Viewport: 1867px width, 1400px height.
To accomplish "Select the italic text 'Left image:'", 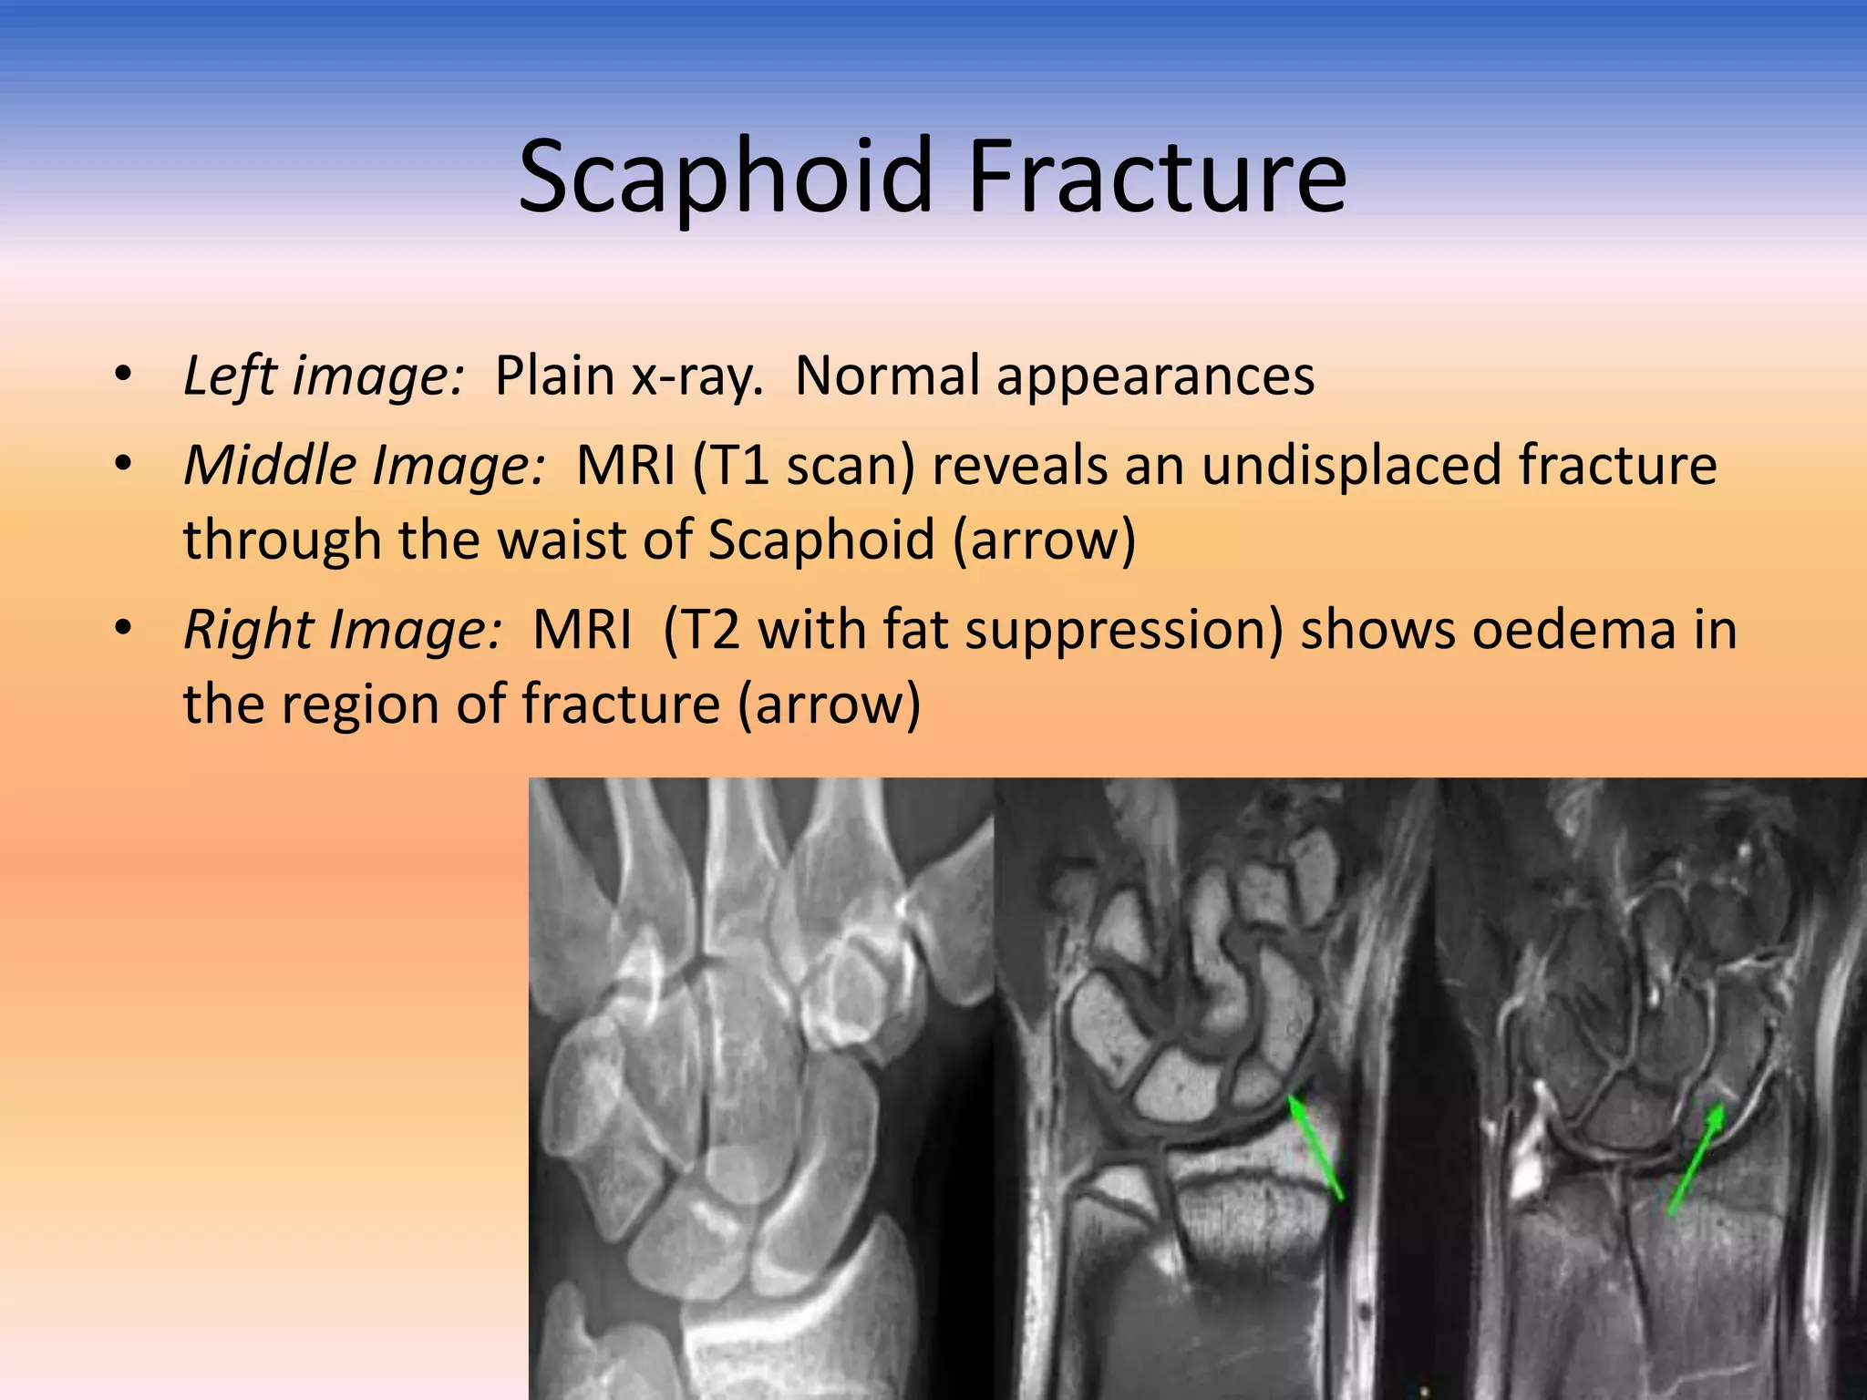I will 324,376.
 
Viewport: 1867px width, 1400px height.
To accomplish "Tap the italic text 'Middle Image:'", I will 365,465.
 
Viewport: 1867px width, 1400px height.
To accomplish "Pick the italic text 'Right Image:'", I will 343,630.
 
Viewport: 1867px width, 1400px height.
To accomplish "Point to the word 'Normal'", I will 887,376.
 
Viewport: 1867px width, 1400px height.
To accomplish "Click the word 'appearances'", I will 1155,376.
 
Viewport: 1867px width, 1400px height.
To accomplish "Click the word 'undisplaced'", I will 1351,465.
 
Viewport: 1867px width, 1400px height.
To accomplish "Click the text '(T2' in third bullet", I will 702,630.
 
